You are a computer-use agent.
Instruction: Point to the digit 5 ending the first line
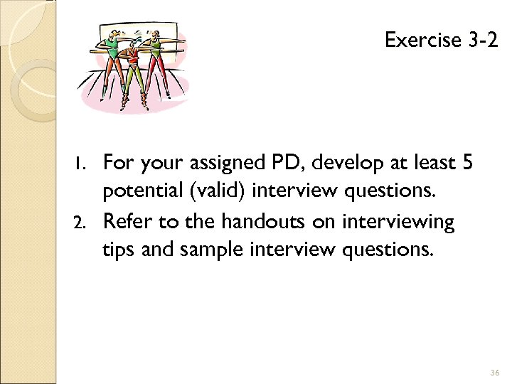466,164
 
